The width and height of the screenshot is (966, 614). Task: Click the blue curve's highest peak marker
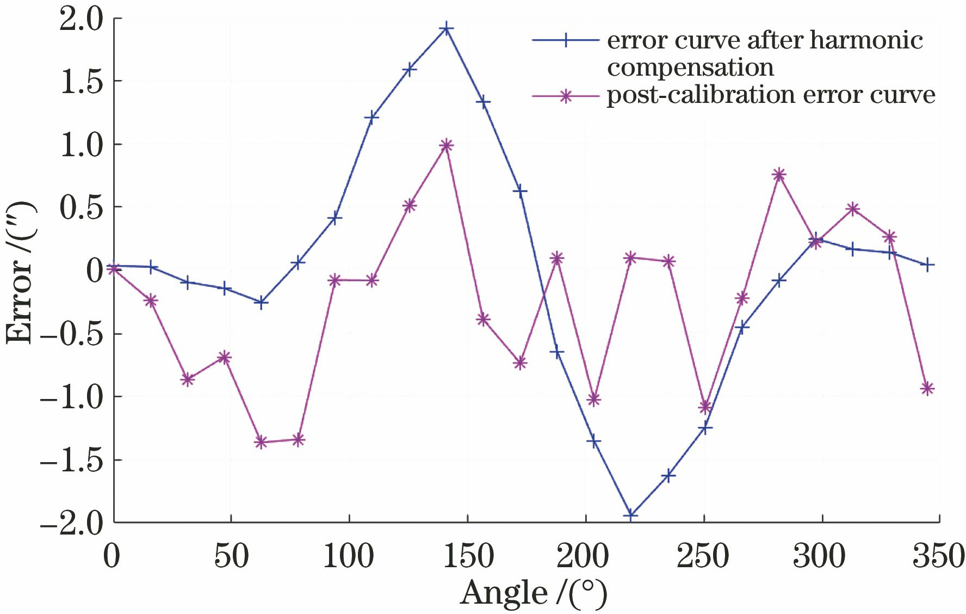[446, 28]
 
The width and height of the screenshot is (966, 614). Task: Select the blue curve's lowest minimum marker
[631, 514]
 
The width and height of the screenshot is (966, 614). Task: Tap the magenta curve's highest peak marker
[446, 145]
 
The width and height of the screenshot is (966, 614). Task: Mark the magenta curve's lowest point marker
[261, 442]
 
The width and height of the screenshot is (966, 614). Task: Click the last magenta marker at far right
[927, 388]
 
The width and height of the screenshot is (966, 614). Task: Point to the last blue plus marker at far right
[928, 265]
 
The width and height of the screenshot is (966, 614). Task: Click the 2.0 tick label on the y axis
[82, 21]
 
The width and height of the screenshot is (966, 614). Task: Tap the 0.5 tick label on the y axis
[82, 208]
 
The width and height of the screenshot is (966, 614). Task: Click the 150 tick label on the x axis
[468, 557]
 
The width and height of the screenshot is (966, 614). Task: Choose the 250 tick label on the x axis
[703, 557]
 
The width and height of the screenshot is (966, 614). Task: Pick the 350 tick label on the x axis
[939, 557]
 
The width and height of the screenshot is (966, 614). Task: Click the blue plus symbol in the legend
[566, 40]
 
